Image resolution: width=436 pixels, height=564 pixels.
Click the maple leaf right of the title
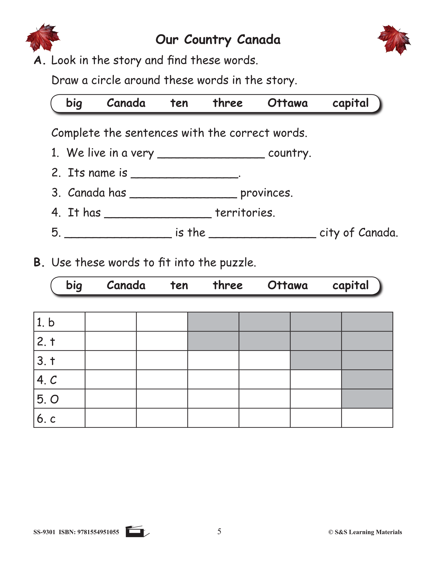tap(394, 40)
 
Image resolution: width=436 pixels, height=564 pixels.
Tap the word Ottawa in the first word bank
tap(287, 103)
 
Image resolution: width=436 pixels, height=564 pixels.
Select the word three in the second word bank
tap(228, 285)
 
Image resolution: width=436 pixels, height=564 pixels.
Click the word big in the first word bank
tap(74, 103)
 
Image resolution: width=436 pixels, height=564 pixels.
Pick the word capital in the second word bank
tap(350, 285)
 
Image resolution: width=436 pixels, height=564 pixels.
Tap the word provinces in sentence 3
tap(266, 193)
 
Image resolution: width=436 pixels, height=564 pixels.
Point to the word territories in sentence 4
tap(245, 213)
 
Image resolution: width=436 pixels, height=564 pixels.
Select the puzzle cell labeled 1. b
tap(59, 322)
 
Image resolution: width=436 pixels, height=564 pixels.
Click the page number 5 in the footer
tap(219, 531)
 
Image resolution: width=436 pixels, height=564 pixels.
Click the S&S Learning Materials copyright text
tap(365, 532)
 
